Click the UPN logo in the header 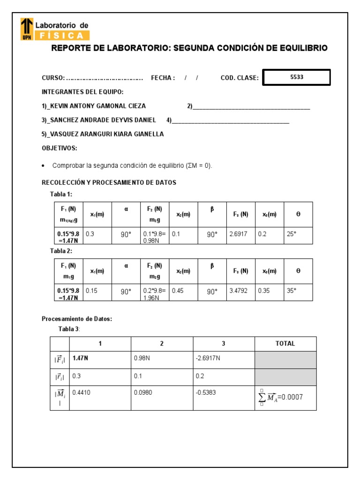click(27, 29)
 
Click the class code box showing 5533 click(296, 77)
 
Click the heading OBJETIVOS click(60, 148)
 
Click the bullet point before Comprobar click(44, 166)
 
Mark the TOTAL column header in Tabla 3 click(285, 344)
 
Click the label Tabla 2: click(61, 251)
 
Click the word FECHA click(162, 78)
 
